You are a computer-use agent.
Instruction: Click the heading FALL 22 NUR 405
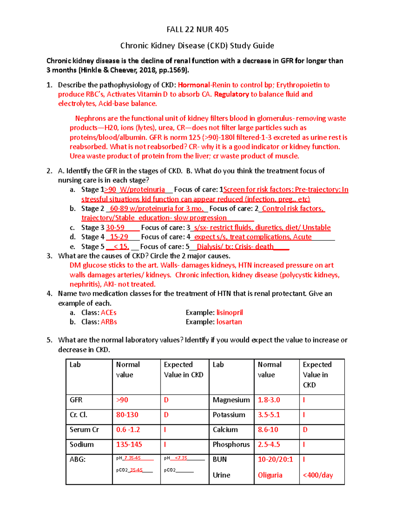coord(197,30)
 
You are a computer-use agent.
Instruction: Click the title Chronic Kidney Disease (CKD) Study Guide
coord(197,46)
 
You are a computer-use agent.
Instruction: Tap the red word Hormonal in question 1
coord(194,85)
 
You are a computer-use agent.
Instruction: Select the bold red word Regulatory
coord(231,94)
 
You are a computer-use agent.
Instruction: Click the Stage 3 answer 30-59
coord(115,228)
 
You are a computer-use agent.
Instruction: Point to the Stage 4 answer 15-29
coord(119,237)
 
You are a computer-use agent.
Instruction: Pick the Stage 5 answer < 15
coord(121,247)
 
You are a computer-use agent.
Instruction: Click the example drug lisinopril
coord(229,313)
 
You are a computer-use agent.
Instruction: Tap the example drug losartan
coord(229,322)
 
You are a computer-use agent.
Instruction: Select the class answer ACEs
coord(109,313)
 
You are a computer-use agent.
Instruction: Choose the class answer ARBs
coord(109,322)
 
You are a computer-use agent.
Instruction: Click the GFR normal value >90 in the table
coord(122,400)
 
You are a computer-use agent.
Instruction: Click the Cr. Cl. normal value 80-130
coord(127,415)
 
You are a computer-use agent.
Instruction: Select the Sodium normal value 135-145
coord(129,445)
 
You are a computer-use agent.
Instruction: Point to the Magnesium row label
coord(231,400)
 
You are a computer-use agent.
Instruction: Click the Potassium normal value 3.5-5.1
coord(269,415)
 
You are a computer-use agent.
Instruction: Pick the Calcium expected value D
coord(305,430)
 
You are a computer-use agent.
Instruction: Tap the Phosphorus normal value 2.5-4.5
coord(269,445)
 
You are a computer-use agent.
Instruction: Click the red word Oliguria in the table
coord(270,475)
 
